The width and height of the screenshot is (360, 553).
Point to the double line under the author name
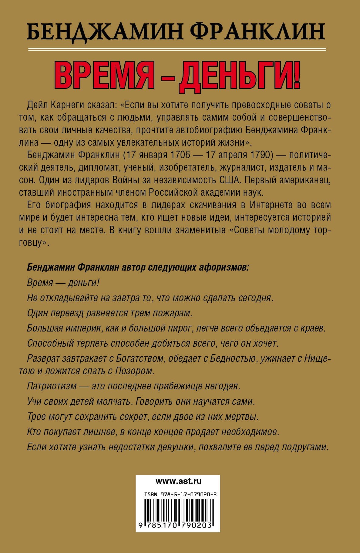pos(177,49)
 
